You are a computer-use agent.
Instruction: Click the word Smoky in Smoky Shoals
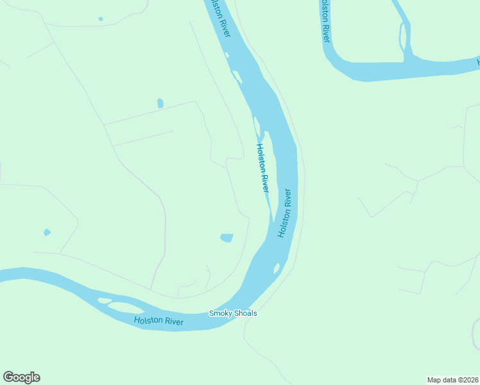[x=221, y=314]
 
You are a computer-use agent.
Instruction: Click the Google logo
[x=21, y=377]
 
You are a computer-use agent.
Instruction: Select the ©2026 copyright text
[x=468, y=380]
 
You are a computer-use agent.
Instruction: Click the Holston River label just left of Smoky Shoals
[x=159, y=321]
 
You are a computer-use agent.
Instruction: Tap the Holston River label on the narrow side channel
[x=262, y=167]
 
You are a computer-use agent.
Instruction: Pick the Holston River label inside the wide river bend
[x=284, y=213]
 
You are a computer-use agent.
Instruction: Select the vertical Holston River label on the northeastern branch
[x=326, y=21]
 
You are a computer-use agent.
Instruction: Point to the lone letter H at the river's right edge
[x=477, y=62]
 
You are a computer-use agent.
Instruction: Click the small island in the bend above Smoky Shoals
[x=277, y=268]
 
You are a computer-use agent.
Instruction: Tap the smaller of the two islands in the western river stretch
[x=103, y=300]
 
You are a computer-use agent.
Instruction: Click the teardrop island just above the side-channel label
[x=257, y=126]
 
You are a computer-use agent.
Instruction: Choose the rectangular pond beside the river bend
[x=227, y=238]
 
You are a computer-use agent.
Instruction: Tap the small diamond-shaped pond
[x=46, y=232]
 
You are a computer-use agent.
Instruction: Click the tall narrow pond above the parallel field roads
[x=160, y=103]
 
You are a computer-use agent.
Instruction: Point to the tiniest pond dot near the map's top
[x=101, y=19]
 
